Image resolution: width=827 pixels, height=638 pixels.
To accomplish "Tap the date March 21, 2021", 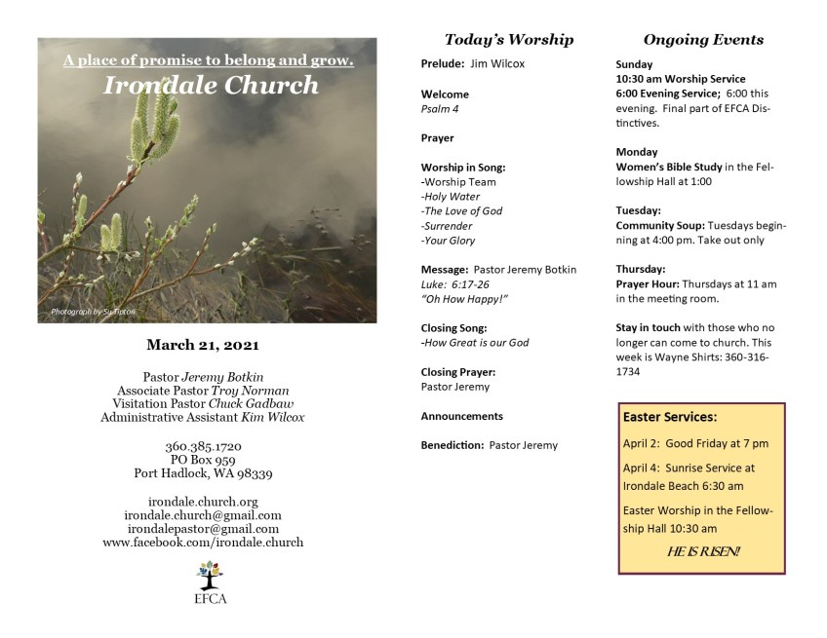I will tap(202, 344).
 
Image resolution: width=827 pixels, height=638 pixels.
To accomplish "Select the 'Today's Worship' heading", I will tap(508, 40).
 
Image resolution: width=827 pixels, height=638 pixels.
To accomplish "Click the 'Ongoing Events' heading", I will tap(702, 40).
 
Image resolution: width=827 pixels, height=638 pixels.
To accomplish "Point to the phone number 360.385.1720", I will tap(203, 447).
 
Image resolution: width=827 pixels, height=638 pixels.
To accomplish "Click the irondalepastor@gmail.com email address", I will tap(203, 528).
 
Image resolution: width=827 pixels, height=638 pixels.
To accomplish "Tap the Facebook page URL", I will tap(203, 542).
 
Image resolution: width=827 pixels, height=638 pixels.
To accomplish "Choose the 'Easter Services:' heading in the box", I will tap(670, 417).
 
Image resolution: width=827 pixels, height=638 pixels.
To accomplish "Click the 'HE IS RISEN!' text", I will tap(703, 552).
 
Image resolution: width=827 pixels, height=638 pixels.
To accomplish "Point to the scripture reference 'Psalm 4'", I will tap(440, 109).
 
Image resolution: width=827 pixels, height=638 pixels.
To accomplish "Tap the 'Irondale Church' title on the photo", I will tap(212, 85).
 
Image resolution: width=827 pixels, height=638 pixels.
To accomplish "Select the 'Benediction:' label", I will tap(453, 445).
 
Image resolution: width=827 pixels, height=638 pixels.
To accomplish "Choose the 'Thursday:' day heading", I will tap(639, 268).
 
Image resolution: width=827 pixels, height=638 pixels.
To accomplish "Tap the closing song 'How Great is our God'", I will tap(476, 342).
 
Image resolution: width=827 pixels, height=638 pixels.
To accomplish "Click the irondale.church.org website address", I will tap(203, 502).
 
